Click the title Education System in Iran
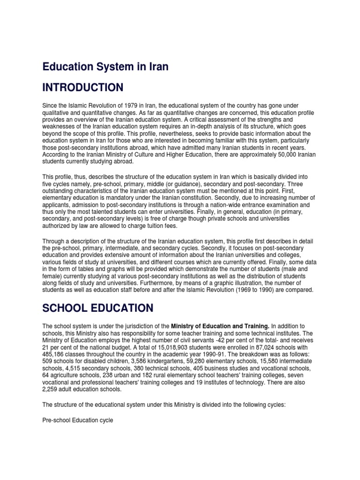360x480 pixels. (x=105, y=67)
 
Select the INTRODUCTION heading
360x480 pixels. (x=83, y=88)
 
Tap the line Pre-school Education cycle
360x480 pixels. (x=78, y=420)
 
